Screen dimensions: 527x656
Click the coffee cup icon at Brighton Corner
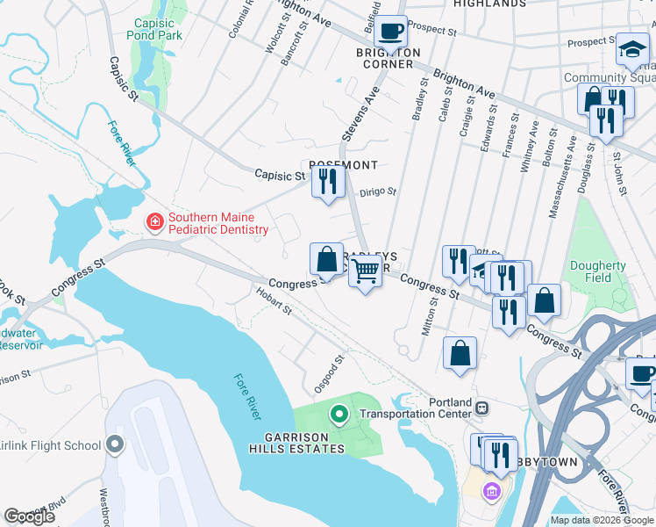click(x=390, y=32)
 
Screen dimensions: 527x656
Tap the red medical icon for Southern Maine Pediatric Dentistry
click(x=155, y=220)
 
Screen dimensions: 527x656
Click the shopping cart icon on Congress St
click(x=366, y=273)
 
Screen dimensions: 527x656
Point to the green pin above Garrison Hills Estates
click(x=339, y=413)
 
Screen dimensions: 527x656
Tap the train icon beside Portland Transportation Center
click(x=481, y=408)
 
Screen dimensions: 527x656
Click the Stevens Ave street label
click(x=360, y=119)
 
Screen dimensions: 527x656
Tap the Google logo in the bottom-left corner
click(x=29, y=516)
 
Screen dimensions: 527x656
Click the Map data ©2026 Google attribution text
click(x=602, y=520)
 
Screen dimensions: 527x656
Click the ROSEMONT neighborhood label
click(x=343, y=165)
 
